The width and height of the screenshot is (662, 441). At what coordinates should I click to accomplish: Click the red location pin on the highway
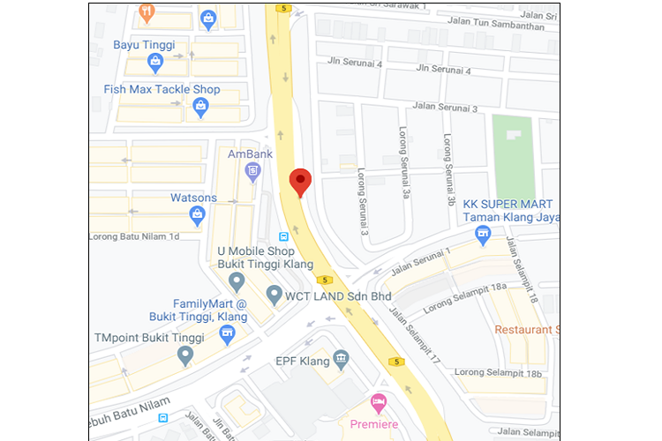tap(301, 182)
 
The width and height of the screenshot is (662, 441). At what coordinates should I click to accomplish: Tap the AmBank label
tap(245, 153)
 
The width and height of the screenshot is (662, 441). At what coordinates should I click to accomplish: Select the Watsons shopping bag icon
tap(198, 213)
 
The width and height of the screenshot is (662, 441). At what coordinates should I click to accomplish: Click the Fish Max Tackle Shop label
tap(162, 90)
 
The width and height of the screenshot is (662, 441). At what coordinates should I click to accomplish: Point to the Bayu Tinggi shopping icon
tap(155, 61)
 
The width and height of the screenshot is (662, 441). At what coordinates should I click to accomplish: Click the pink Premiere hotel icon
tap(379, 402)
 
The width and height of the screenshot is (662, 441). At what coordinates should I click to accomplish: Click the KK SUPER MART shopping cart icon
tap(482, 235)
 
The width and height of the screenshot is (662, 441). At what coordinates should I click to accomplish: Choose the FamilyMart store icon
tap(228, 333)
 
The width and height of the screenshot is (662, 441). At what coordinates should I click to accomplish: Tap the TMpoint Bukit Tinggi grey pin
tap(184, 355)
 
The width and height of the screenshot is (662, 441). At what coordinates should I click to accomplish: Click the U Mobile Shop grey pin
tap(236, 282)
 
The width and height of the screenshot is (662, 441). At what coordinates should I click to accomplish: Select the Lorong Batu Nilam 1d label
tap(134, 236)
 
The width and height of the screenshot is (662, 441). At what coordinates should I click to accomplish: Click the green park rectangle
tap(513, 144)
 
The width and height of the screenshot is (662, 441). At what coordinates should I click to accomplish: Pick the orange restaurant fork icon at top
tap(147, 11)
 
